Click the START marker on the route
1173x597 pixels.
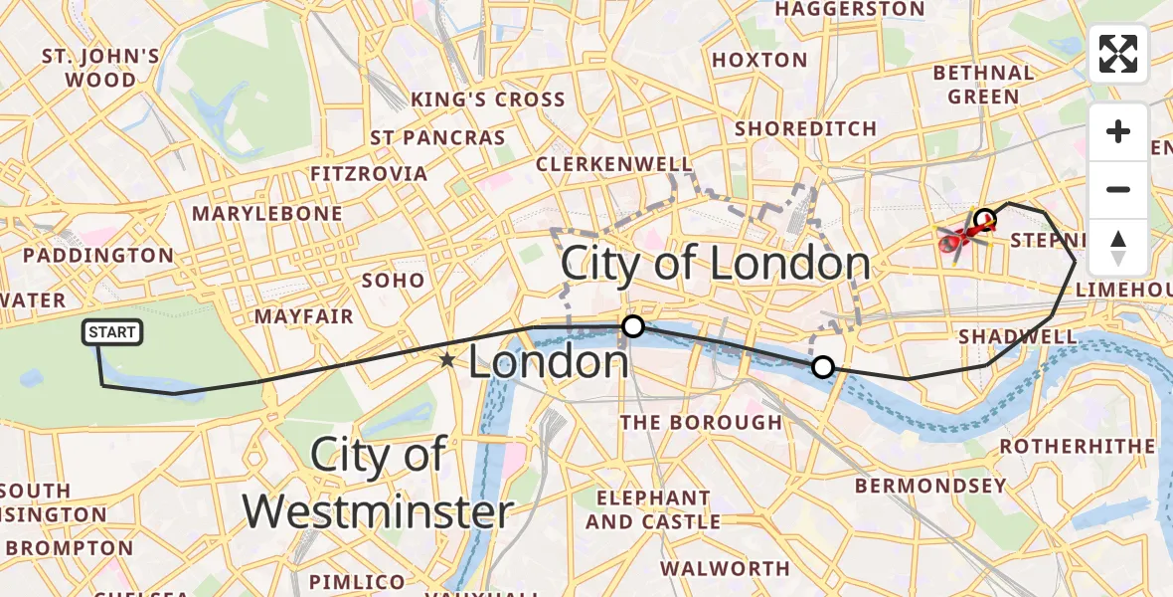coord(113,332)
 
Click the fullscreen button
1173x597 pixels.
coord(1118,54)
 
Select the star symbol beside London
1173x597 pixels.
coord(448,360)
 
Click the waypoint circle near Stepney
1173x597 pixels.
coord(985,219)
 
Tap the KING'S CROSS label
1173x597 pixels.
coord(488,99)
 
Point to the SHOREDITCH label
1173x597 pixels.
coord(805,128)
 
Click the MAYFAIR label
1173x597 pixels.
coord(304,316)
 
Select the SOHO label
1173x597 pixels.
coord(394,281)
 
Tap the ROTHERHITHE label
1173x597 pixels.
coord(1078,446)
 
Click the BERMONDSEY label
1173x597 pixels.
coord(930,486)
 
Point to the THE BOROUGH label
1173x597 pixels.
coord(701,422)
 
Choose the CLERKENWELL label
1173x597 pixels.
coord(613,163)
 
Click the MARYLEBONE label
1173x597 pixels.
coord(266,214)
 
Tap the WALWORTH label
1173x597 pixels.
coord(725,568)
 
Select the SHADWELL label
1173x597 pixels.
coord(1017,336)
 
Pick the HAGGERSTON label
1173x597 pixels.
coord(850,10)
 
